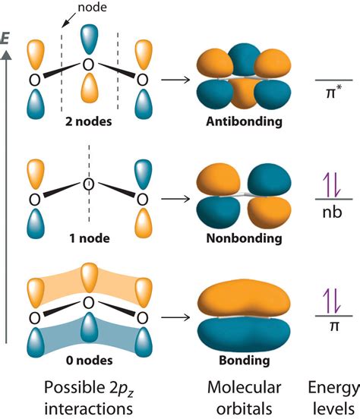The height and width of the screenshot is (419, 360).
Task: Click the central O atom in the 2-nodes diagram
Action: (x=88, y=65)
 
